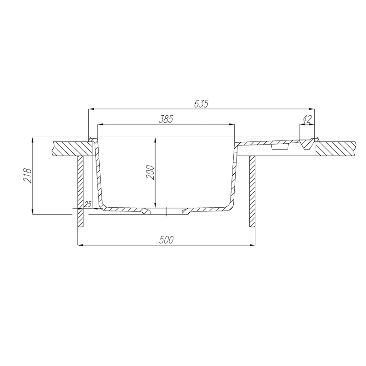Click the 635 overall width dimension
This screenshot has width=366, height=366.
[x=201, y=104]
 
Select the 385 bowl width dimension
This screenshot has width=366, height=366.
[x=166, y=119]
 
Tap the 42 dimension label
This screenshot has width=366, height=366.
[x=307, y=119]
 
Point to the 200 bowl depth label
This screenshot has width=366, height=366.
[x=151, y=172]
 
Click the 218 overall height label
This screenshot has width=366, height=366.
[x=27, y=176]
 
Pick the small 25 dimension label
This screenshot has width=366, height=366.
[x=87, y=204]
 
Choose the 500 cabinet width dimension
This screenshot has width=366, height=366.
[x=167, y=240]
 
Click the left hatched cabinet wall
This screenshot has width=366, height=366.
[x=81, y=192]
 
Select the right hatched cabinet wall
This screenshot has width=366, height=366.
[x=253, y=192]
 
